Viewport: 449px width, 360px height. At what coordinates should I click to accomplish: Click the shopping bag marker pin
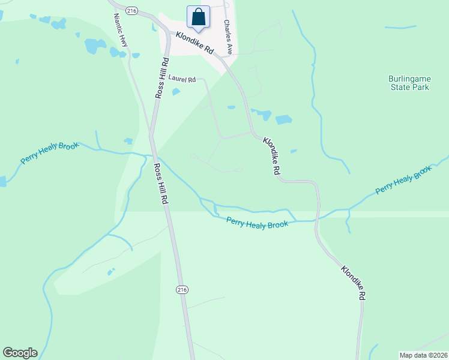(198, 18)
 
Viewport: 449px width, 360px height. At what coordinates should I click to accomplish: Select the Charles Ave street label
(228, 32)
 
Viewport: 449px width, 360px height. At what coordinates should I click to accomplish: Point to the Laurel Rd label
(182, 79)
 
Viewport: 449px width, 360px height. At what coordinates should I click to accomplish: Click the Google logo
(20, 353)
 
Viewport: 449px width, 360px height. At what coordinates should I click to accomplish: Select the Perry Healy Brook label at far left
(50, 153)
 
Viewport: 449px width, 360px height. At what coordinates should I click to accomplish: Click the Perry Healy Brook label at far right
(404, 180)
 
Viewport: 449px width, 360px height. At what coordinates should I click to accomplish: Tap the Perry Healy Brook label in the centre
(257, 222)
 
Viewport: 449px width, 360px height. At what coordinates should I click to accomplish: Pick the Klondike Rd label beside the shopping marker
(195, 43)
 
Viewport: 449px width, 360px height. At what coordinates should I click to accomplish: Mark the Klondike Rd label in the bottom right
(354, 283)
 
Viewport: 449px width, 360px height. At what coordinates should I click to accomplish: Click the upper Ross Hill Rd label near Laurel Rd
(160, 78)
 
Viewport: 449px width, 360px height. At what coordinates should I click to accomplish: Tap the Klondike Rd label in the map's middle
(271, 156)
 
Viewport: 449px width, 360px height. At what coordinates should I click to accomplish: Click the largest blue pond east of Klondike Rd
(283, 119)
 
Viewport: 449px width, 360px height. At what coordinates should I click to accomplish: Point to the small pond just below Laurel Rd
(176, 92)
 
